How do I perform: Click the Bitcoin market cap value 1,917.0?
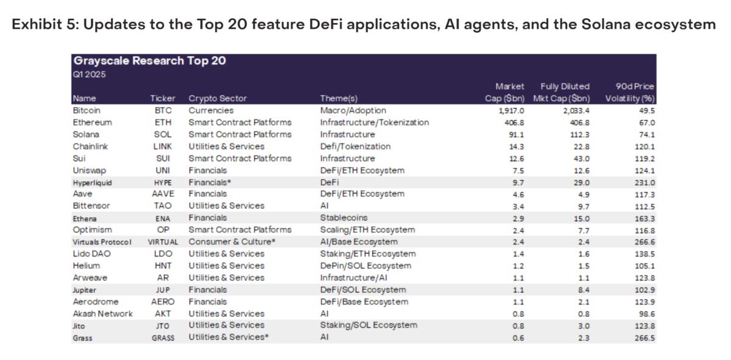pos(510,111)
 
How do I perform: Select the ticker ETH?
pos(163,122)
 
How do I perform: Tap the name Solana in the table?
pos(86,135)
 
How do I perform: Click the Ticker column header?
pos(163,99)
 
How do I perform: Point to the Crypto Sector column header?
pos(217,99)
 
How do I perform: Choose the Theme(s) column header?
pos(339,99)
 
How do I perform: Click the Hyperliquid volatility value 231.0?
pos(644,182)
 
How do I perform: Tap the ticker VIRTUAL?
pos(163,242)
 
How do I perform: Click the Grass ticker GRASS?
pos(163,338)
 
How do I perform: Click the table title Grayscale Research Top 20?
pos(149,62)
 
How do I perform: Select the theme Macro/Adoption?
pos(353,111)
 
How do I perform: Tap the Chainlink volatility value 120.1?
pos(644,146)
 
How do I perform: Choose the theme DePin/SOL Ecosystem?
pos(365,266)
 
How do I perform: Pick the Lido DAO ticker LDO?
pos(163,254)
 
